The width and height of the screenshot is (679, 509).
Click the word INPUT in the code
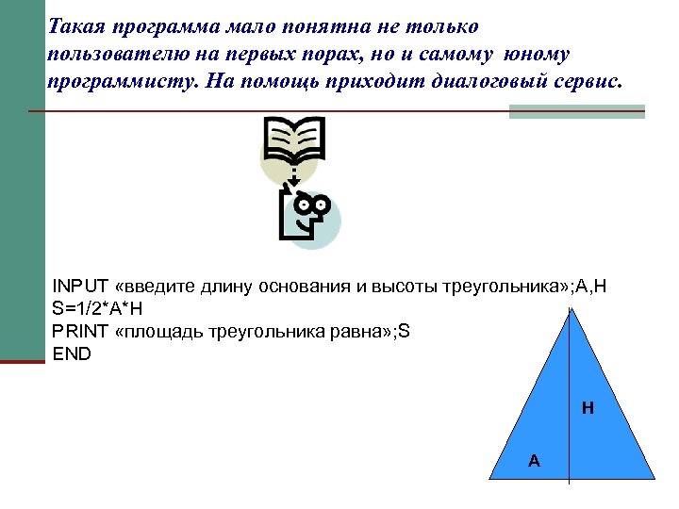80,286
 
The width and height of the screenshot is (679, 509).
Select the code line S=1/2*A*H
97,308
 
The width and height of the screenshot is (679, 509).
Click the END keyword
73,354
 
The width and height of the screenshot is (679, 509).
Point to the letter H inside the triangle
588,408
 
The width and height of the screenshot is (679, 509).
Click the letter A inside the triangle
534,460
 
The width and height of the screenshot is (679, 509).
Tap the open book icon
294,142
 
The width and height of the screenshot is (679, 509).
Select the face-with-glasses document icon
307,214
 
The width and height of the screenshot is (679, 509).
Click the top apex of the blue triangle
570,310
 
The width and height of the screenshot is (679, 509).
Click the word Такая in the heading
77,25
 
